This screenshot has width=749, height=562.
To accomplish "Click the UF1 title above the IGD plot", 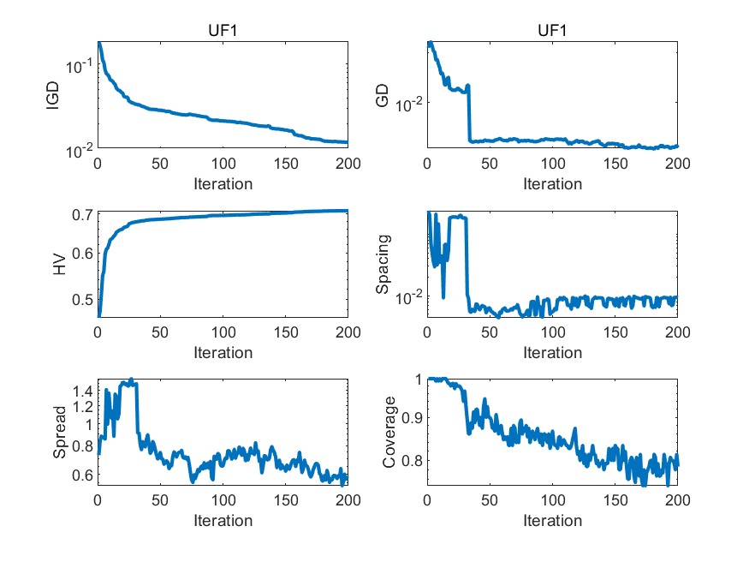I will point(223,31).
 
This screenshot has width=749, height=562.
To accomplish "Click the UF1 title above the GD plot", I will point(552,31).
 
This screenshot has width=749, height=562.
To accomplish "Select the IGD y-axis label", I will point(52,96).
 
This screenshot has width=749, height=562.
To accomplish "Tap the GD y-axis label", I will point(383,96).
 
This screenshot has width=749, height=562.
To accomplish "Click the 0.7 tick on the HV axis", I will point(82,214).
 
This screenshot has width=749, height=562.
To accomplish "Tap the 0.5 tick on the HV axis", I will point(82,299).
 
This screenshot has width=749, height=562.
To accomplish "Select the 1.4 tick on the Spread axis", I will point(82,391).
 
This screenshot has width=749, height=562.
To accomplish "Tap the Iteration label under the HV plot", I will point(223,352).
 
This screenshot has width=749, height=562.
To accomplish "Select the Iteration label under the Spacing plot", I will point(552,352).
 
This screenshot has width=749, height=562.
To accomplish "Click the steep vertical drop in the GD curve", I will point(469,112).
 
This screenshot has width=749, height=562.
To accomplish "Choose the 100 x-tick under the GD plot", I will point(552,164).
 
